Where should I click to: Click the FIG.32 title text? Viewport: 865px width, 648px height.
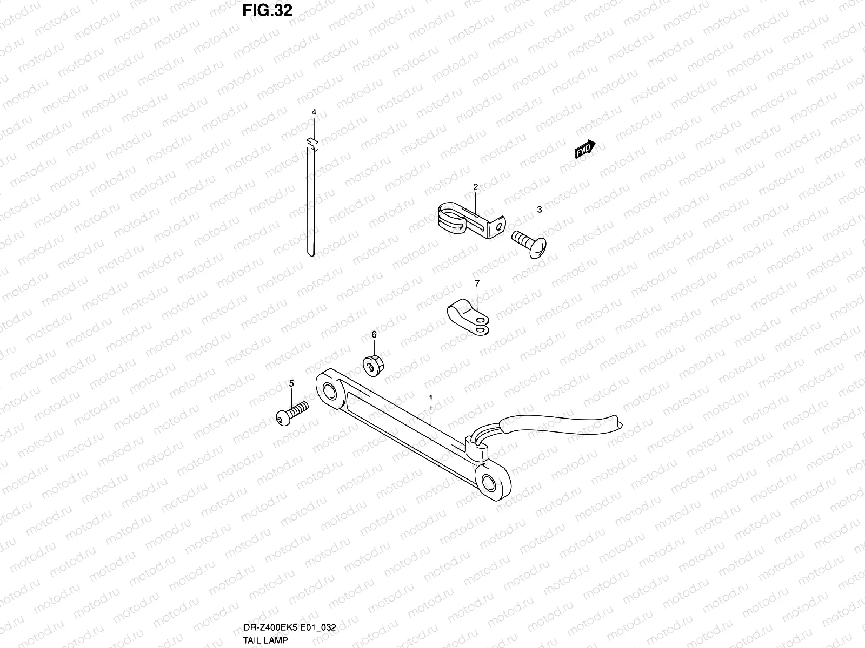pos(267,10)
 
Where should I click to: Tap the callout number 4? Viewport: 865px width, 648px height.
pos(314,112)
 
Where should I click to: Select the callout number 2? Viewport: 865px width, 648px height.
pos(475,187)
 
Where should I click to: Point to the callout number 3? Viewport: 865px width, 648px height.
pos(539,209)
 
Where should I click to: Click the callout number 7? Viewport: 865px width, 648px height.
pos(477,283)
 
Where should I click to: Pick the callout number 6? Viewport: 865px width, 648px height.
pos(374,335)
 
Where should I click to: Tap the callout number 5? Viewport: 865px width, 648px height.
pos(291,383)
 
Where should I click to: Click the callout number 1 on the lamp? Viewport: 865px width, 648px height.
pos(430,398)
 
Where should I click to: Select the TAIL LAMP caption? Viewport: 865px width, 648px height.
pos(266,640)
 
